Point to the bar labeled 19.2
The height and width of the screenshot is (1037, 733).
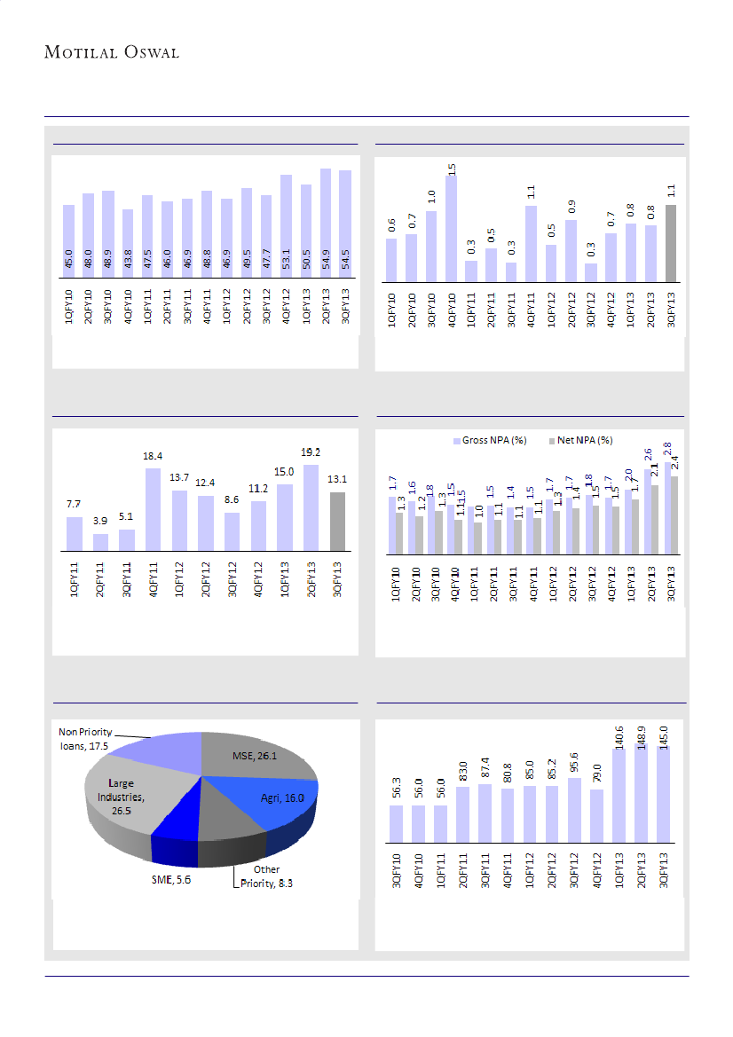tap(311, 507)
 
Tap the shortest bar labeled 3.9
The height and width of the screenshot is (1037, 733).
tap(100, 541)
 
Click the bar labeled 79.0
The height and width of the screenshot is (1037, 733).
tap(597, 813)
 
